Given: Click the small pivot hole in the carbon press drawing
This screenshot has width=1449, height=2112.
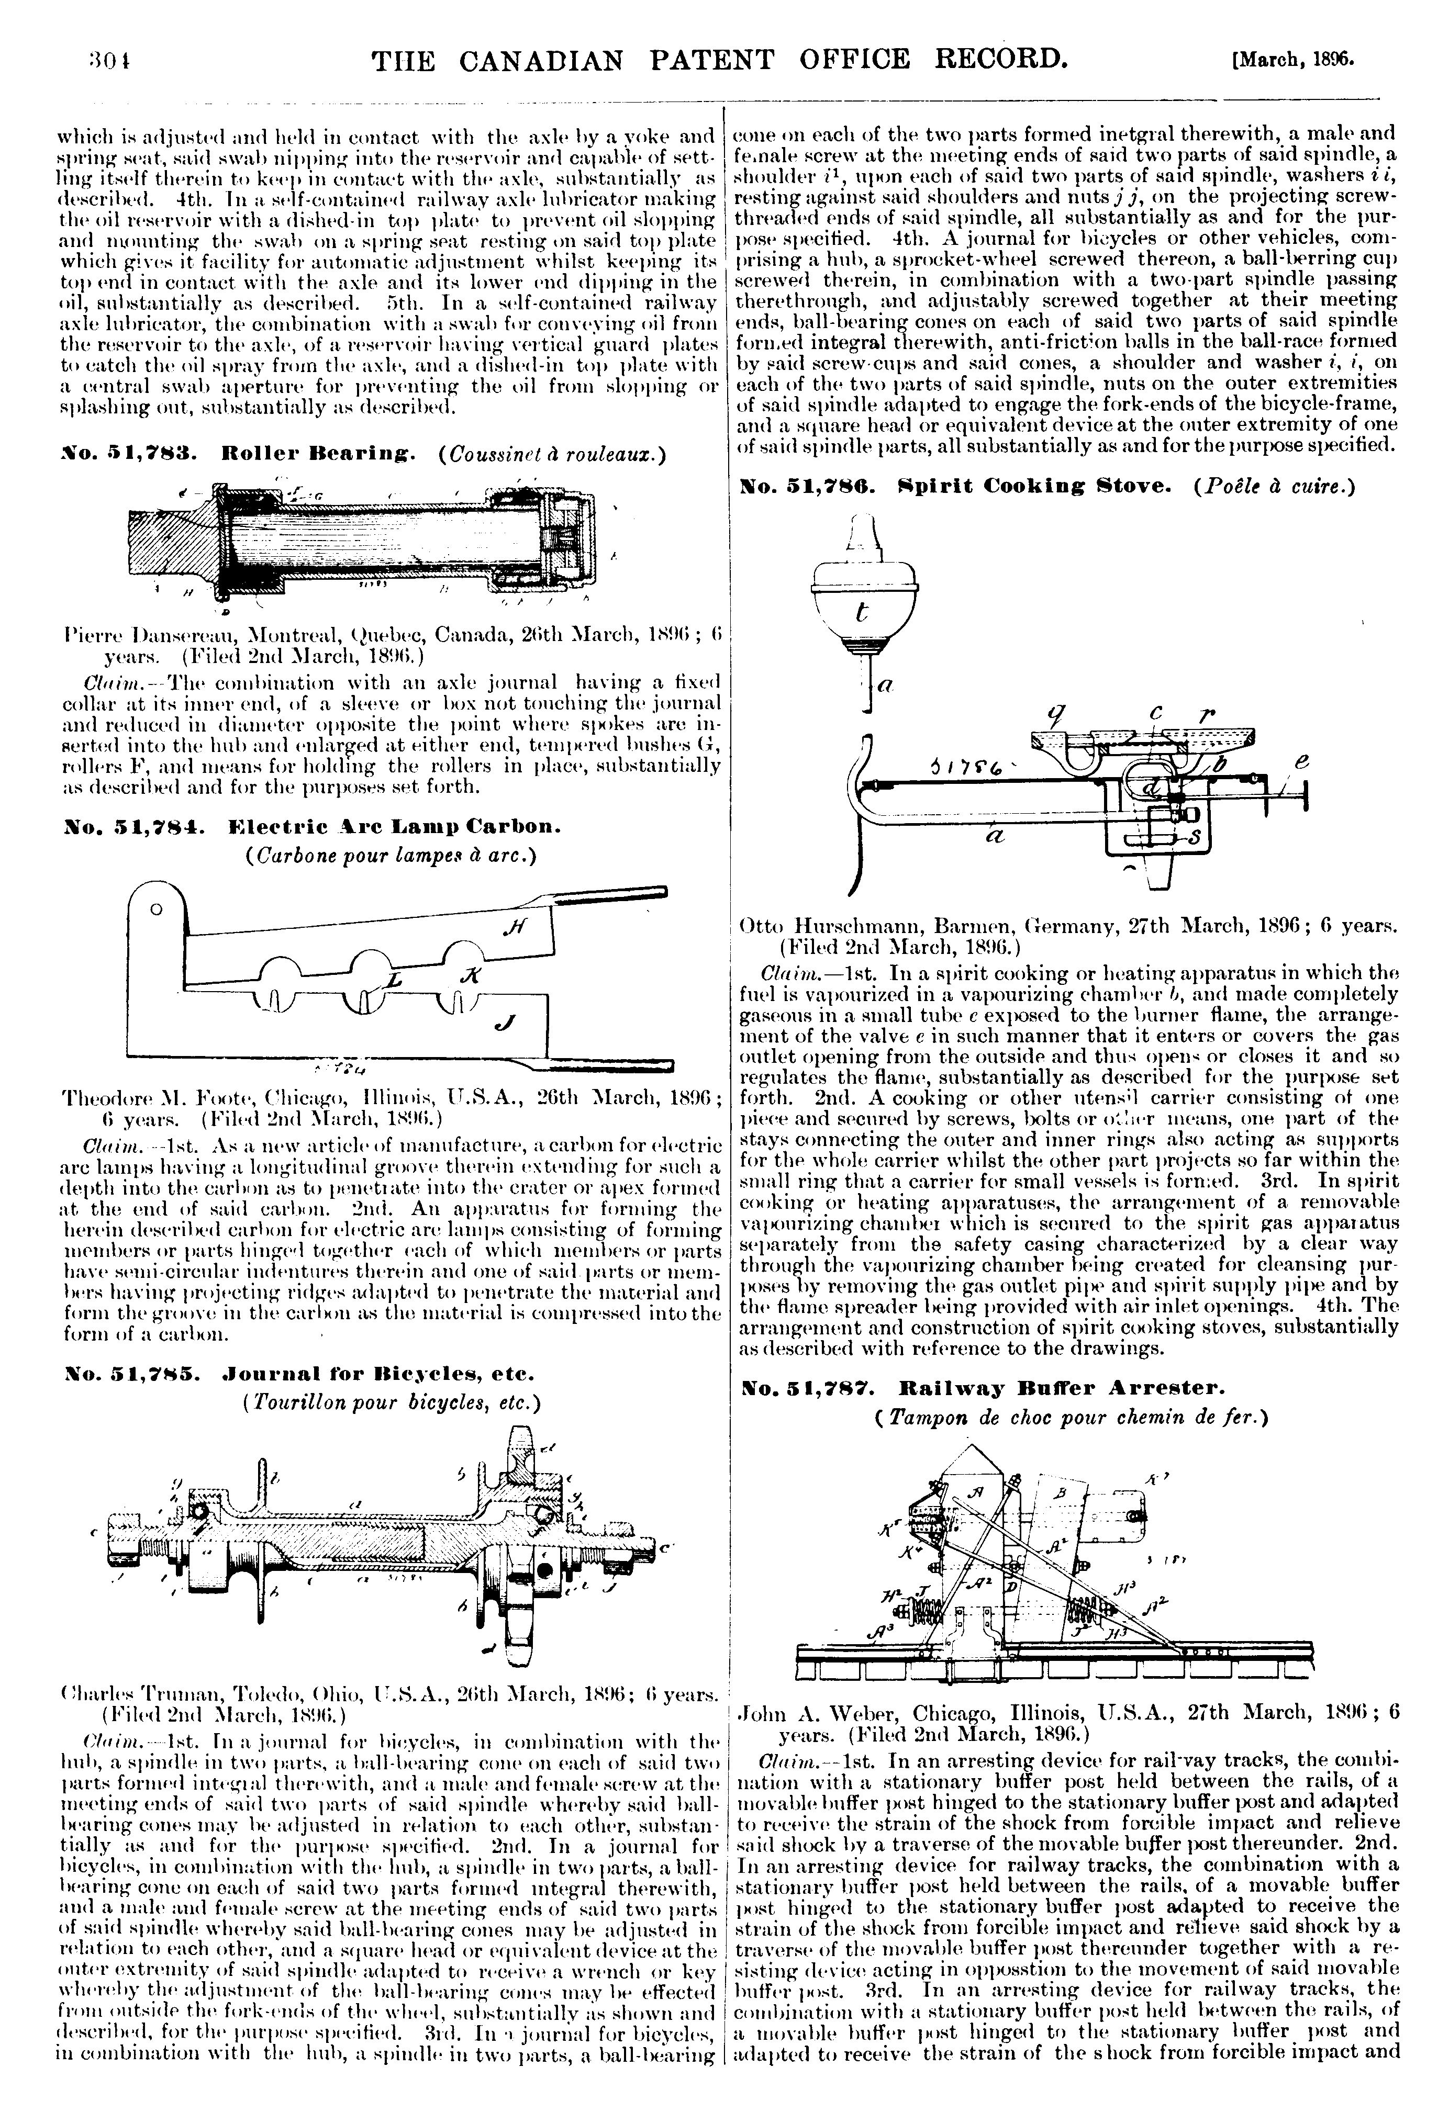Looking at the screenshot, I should tap(155, 909).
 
